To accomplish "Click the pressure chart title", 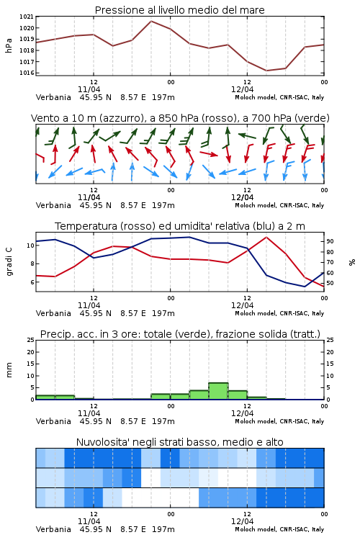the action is tap(180, 10).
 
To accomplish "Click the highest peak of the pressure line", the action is tap(151, 21).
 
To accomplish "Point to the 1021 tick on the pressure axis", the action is tap(26, 17).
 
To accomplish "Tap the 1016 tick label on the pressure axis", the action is tap(26, 73).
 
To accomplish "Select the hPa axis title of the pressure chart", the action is tap(9, 45).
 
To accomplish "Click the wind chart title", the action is tap(180, 118).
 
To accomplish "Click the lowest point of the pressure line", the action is tap(266, 71).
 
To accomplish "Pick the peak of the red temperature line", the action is tap(266, 237).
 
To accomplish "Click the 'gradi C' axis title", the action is tap(9, 262).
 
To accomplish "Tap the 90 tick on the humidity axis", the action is tap(330, 241).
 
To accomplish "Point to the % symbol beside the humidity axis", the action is tap(352, 262).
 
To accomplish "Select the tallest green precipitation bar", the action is tap(218, 391).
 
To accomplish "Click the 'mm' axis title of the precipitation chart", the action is tap(9, 370).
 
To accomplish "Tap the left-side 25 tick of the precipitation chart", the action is tap(31, 341).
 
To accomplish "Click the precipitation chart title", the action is tap(180, 334).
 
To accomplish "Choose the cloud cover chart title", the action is tap(180, 442).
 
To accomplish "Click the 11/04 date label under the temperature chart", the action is tap(89, 305).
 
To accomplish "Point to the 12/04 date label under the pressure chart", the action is tap(242, 89).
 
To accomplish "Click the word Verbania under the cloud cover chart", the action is tap(53, 529).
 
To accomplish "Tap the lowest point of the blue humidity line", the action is tap(305, 287).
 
